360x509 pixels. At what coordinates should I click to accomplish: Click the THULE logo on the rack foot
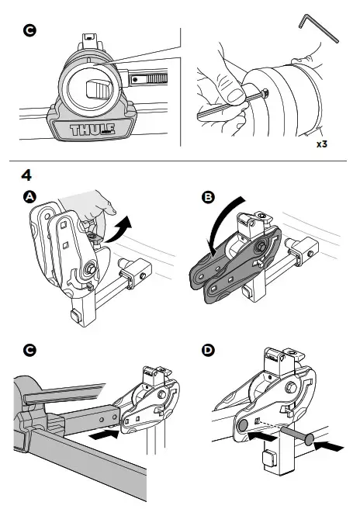92,130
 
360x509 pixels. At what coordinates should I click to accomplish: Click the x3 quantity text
322,144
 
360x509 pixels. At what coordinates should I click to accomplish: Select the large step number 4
26,175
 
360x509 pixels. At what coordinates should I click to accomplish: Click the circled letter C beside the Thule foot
29,30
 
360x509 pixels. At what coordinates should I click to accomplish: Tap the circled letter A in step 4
29,197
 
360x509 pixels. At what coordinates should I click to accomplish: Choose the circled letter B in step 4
208,197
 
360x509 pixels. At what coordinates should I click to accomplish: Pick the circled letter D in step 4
208,350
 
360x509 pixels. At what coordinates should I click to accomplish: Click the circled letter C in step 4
29,350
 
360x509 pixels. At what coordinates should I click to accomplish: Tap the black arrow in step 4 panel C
104,435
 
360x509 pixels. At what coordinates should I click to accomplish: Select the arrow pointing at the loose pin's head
328,446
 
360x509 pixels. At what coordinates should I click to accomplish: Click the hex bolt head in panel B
261,248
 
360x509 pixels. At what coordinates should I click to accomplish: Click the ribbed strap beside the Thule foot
148,79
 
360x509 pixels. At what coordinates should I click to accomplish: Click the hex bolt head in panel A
89,268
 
